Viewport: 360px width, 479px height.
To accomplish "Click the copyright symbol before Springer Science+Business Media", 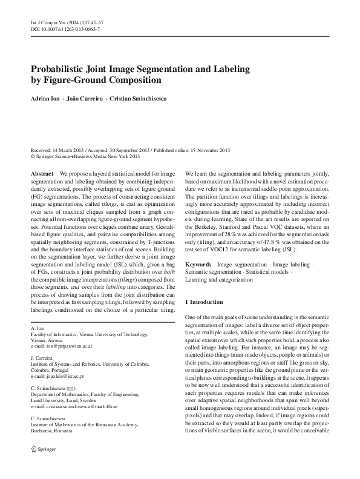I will coord(33,156).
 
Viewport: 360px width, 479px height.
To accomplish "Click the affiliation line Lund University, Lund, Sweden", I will coord(65,401).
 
